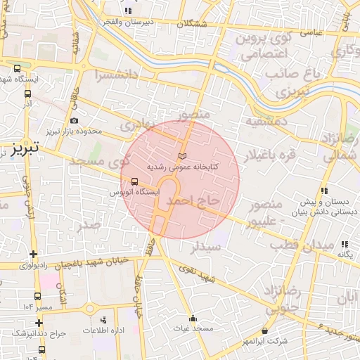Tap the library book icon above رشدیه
[184, 155]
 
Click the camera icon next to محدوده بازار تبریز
[74, 120]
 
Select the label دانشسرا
[103, 74]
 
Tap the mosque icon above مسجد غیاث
[193, 318]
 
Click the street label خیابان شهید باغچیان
[98, 262]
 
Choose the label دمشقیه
[267, 121]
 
